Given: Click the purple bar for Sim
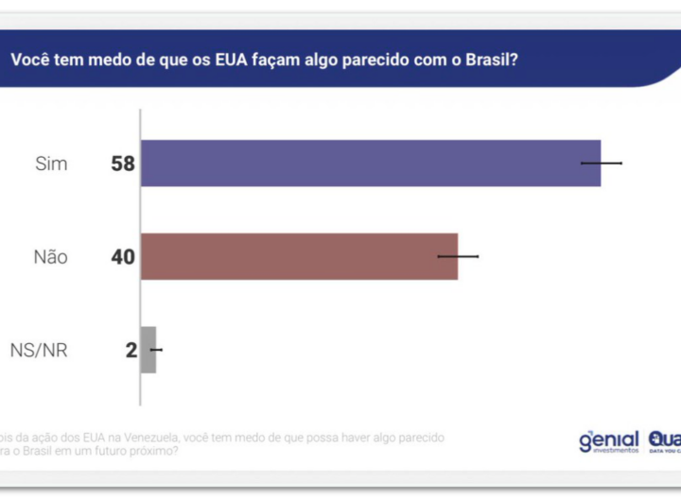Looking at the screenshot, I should [369, 164].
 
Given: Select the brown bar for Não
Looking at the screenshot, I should [298, 256].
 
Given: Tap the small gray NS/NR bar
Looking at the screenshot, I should [148, 350].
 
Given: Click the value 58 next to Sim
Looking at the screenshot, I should [123, 164].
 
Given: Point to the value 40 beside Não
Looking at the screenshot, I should [123, 256].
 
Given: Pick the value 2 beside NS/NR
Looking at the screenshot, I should [131, 351].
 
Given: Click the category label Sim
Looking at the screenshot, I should [51, 164].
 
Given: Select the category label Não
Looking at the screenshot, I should [50, 256].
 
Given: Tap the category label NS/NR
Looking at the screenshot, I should [39, 351].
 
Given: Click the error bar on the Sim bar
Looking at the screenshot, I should [602, 164].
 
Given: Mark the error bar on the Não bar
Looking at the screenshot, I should [458, 256].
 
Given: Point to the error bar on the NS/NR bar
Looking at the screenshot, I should [156, 350].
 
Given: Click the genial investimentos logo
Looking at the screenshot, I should [608, 441].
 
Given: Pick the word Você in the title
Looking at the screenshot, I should [31, 59].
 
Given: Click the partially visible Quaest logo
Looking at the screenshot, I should [664, 441].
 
